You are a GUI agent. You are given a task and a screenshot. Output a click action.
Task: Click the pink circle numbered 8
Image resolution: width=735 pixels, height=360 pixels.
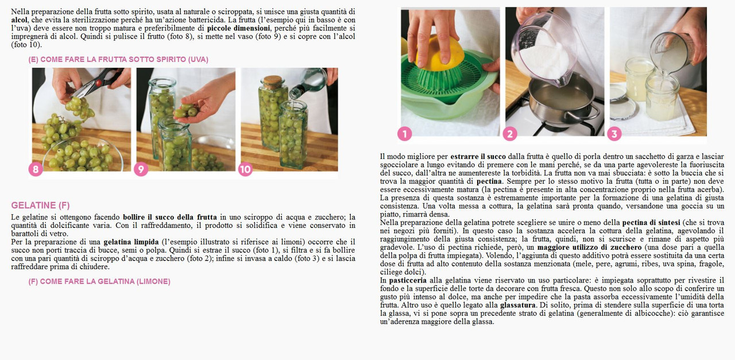click(36, 169)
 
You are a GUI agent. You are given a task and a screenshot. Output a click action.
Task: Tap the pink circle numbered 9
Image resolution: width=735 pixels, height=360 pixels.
click(141, 169)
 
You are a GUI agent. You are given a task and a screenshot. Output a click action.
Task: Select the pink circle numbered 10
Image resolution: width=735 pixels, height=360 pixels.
click(245, 169)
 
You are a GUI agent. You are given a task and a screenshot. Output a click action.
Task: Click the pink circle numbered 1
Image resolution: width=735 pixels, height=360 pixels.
click(405, 134)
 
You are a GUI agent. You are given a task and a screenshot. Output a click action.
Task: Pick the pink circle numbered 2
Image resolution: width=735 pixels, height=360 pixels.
click(510, 134)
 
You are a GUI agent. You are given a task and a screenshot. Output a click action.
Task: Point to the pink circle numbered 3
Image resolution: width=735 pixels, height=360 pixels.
click(614, 134)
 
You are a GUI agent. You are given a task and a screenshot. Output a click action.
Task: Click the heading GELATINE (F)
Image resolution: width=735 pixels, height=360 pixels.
click(40, 205)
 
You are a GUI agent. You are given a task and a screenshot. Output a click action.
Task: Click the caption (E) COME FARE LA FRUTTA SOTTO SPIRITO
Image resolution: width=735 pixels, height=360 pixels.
click(118, 59)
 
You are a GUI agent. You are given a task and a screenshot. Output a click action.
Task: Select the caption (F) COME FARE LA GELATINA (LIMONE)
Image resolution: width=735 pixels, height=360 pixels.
click(99, 281)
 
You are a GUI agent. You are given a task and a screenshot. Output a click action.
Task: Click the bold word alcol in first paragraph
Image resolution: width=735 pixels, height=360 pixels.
click(19, 20)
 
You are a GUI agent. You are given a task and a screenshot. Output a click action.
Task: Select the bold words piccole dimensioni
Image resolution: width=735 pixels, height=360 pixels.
click(238, 28)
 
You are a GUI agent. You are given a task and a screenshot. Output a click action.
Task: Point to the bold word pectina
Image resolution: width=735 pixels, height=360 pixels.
click(489, 181)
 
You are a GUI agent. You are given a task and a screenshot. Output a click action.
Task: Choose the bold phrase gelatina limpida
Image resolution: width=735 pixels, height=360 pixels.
click(131, 242)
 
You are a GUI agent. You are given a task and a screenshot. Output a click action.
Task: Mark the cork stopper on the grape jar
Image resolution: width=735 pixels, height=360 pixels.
click(273, 80)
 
